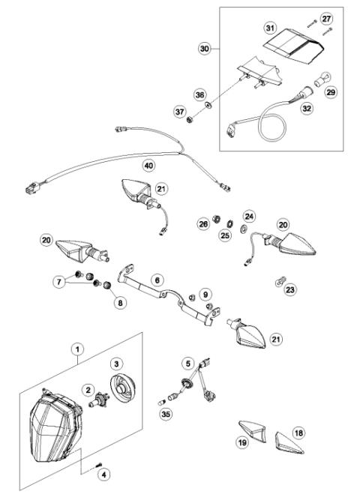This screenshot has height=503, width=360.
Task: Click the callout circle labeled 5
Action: click(188, 363)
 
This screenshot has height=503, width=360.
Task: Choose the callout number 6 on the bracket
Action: click(157, 279)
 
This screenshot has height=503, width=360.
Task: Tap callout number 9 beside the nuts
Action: click(205, 295)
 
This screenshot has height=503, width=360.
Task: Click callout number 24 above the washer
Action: click(250, 217)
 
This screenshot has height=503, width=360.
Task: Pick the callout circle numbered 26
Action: click(202, 223)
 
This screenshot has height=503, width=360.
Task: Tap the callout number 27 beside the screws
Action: click(325, 17)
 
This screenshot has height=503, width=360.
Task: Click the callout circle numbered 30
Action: click(204, 48)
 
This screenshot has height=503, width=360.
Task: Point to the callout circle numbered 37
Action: click(179, 112)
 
